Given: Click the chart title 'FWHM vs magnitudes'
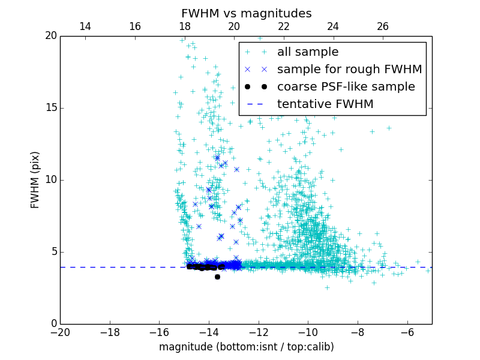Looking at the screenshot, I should coord(246,13).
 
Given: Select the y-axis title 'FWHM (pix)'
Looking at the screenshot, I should coord(35,180).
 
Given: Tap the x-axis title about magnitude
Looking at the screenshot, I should coord(246,347).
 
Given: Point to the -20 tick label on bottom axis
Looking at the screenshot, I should coord(60,332).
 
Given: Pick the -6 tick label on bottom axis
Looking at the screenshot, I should coord(407,332).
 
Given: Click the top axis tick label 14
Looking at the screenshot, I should coord(85,26).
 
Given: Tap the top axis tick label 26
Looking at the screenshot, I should coord(383,26).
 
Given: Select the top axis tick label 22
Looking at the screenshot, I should coord(284,26).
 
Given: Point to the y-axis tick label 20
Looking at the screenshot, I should coord(50,36).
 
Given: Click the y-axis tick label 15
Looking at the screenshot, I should coord(50,108).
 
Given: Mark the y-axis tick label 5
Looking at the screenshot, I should coord(53,252).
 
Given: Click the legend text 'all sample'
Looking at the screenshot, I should coord(308,52).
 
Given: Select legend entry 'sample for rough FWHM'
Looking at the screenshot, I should coord(349,69).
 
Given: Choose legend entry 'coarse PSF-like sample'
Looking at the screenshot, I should coord(346,86).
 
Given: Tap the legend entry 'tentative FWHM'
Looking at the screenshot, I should coord(325,104).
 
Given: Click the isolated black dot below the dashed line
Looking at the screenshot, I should coord(217,277).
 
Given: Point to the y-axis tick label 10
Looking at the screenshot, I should coord(50,180).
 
